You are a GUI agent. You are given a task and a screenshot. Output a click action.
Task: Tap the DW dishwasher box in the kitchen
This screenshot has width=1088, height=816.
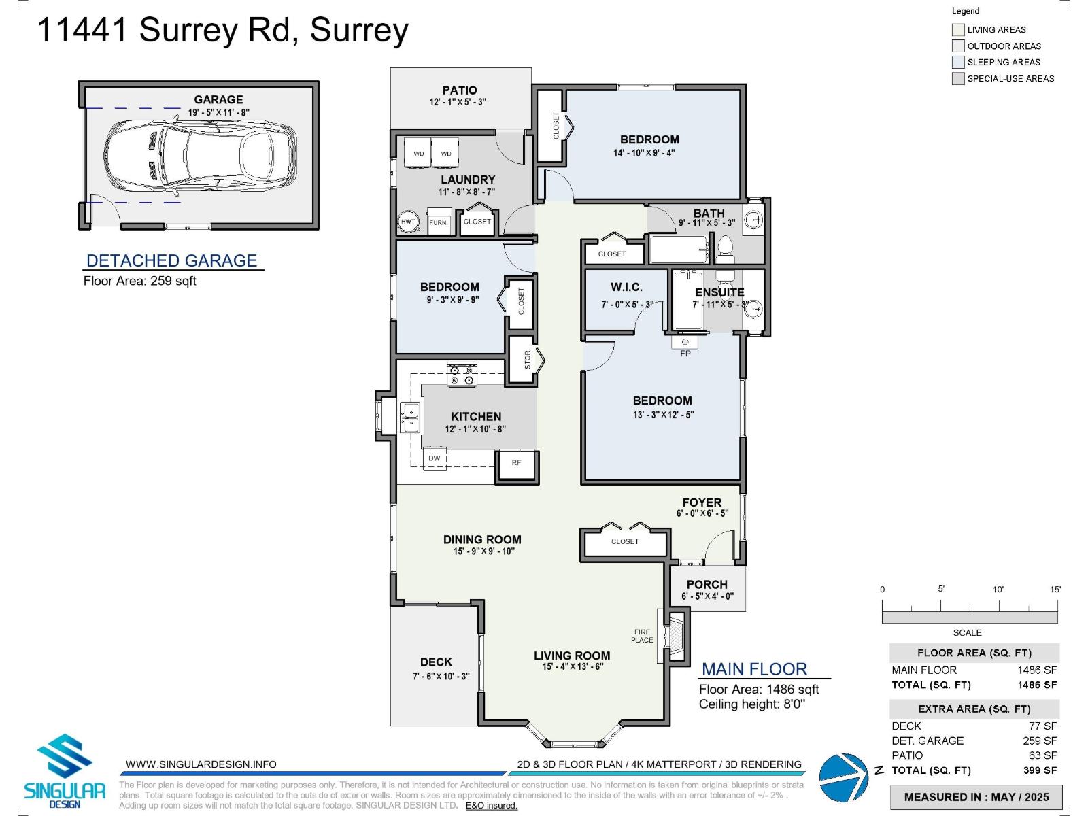(435, 458)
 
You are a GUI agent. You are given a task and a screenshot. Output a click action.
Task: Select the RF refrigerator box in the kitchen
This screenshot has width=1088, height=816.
(517, 463)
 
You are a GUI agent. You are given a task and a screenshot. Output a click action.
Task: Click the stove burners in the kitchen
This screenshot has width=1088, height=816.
(462, 375)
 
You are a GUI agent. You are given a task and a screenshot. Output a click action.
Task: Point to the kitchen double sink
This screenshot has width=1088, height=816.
(409, 417)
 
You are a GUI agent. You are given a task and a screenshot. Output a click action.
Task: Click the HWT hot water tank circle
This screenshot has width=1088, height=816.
(408, 222)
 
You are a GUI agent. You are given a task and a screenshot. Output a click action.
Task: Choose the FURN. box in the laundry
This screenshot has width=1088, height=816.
(439, 222)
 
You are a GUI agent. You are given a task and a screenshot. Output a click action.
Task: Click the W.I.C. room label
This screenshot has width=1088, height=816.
(626, 288)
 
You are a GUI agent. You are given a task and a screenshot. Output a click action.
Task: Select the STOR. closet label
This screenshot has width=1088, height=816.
(528, 360)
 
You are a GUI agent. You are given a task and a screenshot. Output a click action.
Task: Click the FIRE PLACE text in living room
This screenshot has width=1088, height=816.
(642, 636)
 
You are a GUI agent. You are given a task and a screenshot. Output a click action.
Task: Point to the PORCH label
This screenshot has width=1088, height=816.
(707, 584)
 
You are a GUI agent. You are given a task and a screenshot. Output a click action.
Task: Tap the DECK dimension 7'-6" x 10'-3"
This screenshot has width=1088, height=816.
(441, 676)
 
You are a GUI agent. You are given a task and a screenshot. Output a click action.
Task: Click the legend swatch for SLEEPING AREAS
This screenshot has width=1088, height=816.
(958, 62)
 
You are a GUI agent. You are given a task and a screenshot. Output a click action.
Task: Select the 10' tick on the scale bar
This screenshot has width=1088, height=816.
(998, 590)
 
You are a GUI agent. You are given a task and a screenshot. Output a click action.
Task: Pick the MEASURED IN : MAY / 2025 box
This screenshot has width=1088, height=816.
(976, 797)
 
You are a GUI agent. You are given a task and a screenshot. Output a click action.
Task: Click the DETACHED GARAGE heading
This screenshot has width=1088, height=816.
(171, 260)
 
